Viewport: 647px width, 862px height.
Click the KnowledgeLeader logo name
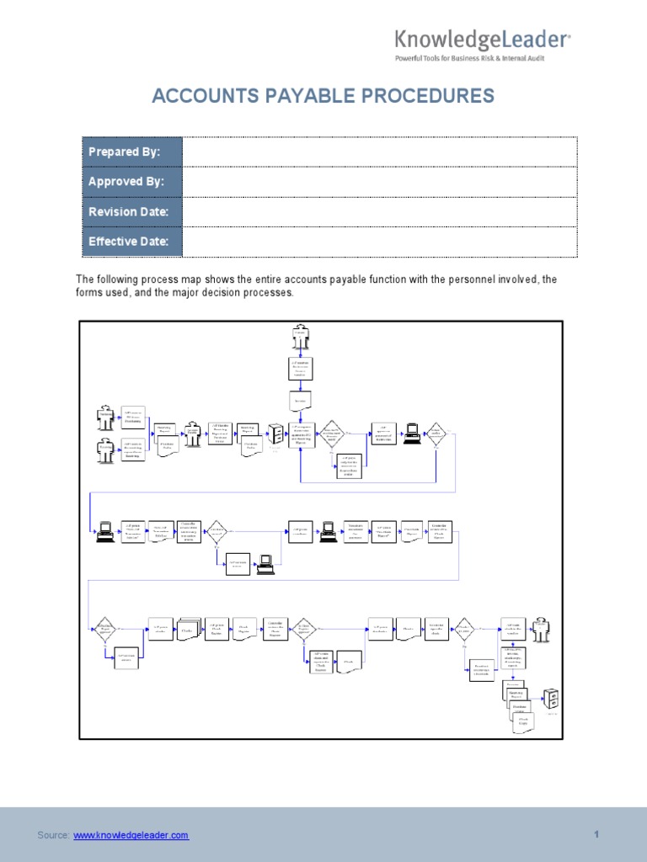click(x=483, y=40)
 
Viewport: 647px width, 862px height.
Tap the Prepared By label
click(x=124, y=152)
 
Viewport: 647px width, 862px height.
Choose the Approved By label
click(x=126, y=182)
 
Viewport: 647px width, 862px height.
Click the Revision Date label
click(x=128, y=212)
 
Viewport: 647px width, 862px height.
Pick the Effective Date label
click(x=128, y=242)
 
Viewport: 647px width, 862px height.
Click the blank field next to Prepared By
click(x=379, y=152)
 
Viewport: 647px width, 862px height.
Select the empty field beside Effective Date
click(x=379, y=242)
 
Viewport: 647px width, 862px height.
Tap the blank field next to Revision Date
click(x=379, y=212)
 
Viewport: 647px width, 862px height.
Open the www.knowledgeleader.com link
click(x=131, y=835)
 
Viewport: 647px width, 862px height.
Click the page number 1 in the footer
click(x=596, y=834)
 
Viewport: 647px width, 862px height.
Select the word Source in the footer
click(x=53, y=835)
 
